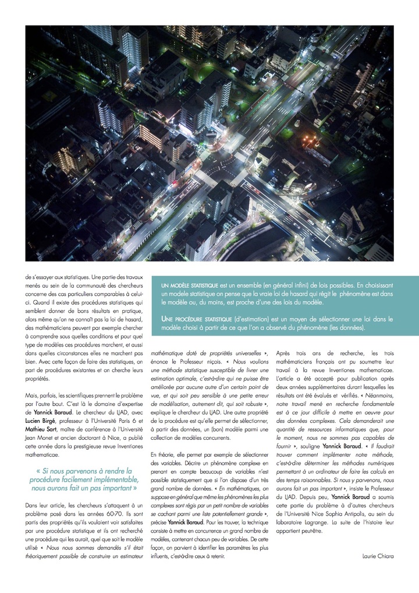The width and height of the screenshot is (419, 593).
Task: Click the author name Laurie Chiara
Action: click(377, 556)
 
